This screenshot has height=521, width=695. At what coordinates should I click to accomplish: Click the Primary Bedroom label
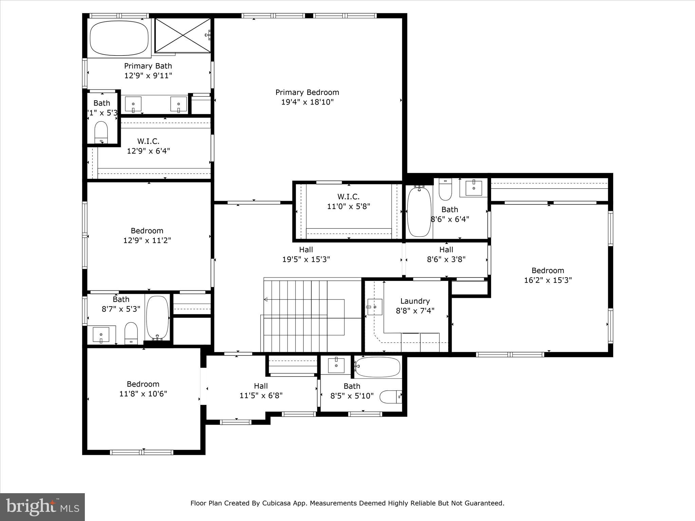tap(307, 92)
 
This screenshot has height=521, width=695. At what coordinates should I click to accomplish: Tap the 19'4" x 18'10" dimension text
tap(307, 102)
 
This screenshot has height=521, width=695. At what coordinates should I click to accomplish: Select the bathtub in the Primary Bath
tap(119, 38)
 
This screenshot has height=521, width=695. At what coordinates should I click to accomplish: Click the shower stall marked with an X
tap(183, 35)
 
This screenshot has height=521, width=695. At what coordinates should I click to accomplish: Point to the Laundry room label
tap(415, 301)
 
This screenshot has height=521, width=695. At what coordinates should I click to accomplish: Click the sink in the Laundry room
tap(375, 307)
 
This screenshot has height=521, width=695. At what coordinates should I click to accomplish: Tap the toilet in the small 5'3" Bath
tap(101, 132)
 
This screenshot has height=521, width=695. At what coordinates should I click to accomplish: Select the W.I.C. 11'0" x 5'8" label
tap(348, 201)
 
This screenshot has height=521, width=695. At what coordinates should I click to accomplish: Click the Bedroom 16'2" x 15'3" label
tap(548, 275)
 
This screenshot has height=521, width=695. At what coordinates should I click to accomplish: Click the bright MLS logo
tap(42, 507)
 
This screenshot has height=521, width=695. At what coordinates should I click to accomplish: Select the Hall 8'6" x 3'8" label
tap(446, 254)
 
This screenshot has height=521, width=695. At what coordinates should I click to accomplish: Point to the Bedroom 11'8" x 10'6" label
tap(143, 389)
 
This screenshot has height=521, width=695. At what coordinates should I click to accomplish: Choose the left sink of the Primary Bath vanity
tap(133, 104)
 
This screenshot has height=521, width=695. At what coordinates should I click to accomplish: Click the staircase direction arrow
tap(266, 299)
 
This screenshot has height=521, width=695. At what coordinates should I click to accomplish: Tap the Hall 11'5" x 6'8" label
tap(261, 390)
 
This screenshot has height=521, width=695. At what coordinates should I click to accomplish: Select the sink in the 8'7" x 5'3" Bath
tap(101, 334)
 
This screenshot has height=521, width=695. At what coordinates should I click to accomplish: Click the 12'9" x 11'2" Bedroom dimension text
tap(147, 240)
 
